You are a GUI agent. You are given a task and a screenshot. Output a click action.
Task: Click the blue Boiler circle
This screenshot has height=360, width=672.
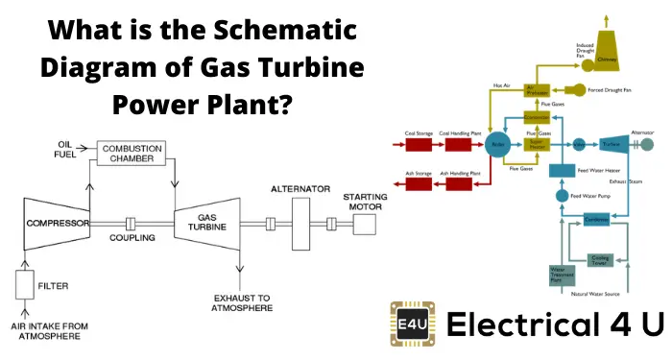498,145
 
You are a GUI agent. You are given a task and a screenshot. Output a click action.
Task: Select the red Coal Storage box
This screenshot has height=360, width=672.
420,145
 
